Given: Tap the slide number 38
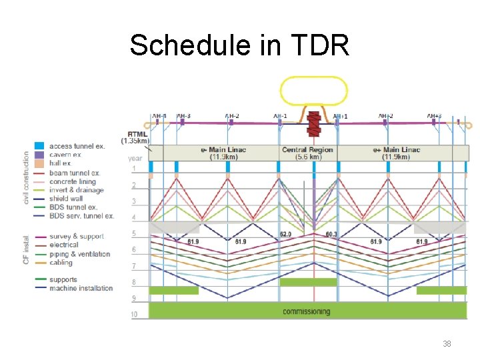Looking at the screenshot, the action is click(447, 344).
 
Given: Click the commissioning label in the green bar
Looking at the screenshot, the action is click(306, 311).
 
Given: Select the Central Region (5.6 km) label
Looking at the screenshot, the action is click(307, 153).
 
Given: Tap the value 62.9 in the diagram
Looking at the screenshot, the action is click(286, 235).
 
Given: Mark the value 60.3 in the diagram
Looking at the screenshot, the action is click(331, 235).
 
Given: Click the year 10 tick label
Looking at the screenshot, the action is click(135, 314).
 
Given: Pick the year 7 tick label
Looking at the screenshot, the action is click(133, 266).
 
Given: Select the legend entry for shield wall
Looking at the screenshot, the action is click(66, 199).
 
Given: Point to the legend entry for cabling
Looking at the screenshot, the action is click(61, 263).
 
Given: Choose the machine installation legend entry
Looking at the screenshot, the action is click(73, 288).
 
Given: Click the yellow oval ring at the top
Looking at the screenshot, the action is click(313, 91).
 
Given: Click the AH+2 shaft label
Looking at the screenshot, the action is click(386, 117).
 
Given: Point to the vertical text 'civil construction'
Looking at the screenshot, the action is click(27, 177).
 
